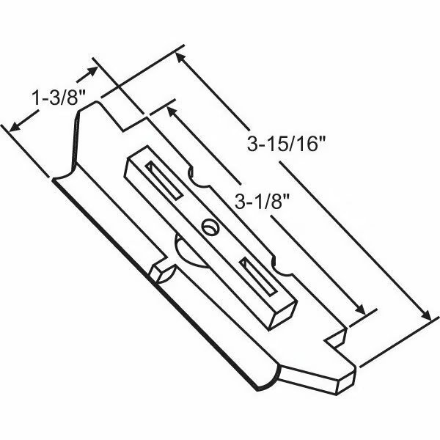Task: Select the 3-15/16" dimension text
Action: point(286,144)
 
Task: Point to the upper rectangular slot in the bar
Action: point(164,180)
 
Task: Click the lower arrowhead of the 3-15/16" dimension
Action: point(427,315)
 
